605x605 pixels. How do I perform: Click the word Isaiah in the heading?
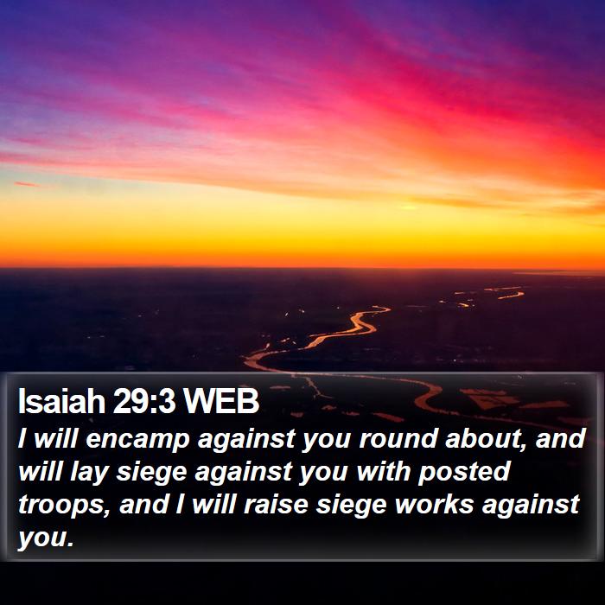[x=61, y=401]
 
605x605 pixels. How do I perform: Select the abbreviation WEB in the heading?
[x=220, y=401]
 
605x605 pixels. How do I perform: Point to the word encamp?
[x=137, y=440]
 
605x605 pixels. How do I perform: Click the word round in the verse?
[x=398, y=439]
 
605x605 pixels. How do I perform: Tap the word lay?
[x=88, y=472]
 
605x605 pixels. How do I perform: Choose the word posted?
[x=464, y=472]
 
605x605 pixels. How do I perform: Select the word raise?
[x=276, y=504]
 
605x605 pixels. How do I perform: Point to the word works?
[x=434, y=504]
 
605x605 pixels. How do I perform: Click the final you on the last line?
[x=46, y=538]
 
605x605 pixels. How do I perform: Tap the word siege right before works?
[x=351, y=506]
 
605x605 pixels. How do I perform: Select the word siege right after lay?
[x=151, y=472]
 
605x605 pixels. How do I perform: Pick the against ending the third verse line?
[x=531, y=505]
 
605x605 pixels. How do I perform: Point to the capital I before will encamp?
[x=22, y=439]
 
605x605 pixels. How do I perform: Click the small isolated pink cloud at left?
[x=26, y=184]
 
